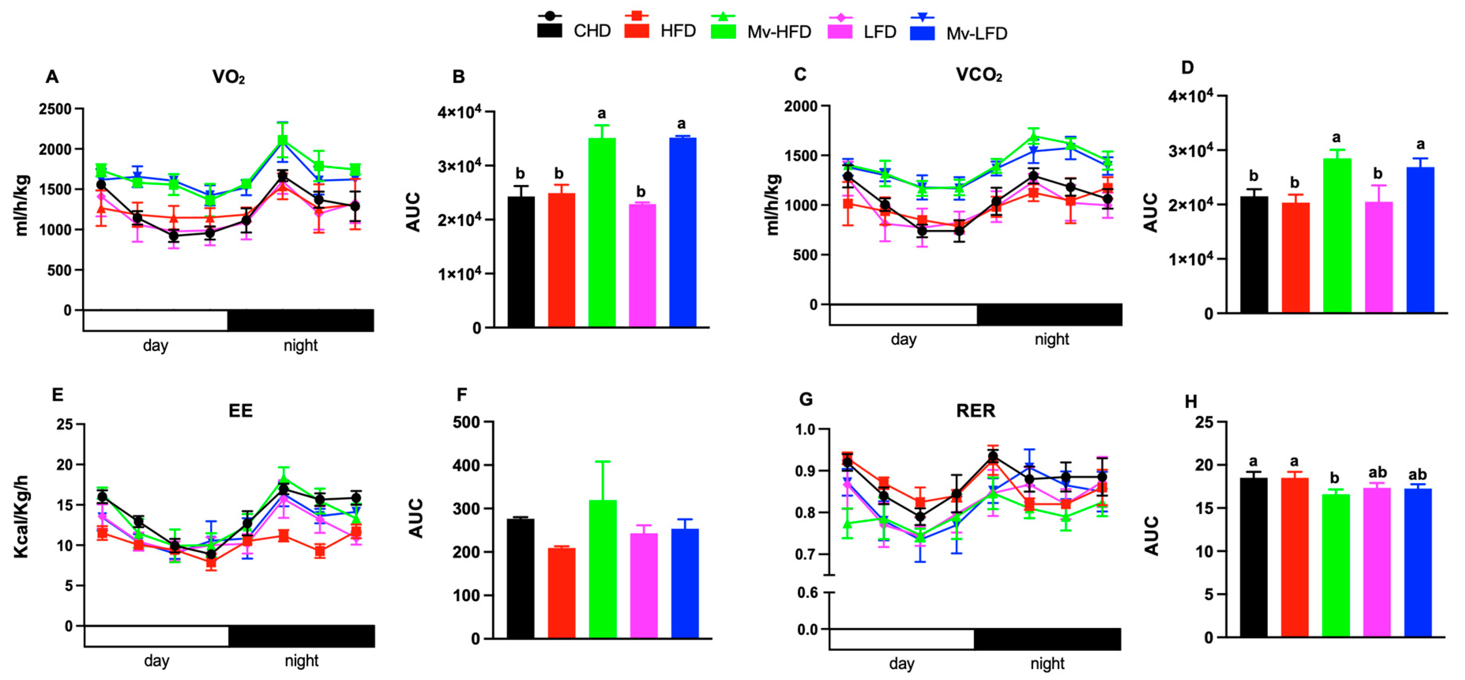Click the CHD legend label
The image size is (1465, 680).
point(592,31)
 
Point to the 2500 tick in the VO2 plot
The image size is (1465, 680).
point(55,109)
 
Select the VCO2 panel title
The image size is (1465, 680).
point(978,75)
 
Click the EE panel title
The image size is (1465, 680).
point(240,411)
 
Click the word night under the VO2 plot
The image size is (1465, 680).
point(300,345)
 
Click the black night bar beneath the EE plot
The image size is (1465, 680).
point(301,636)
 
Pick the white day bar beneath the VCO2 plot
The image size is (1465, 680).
point(903,314)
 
